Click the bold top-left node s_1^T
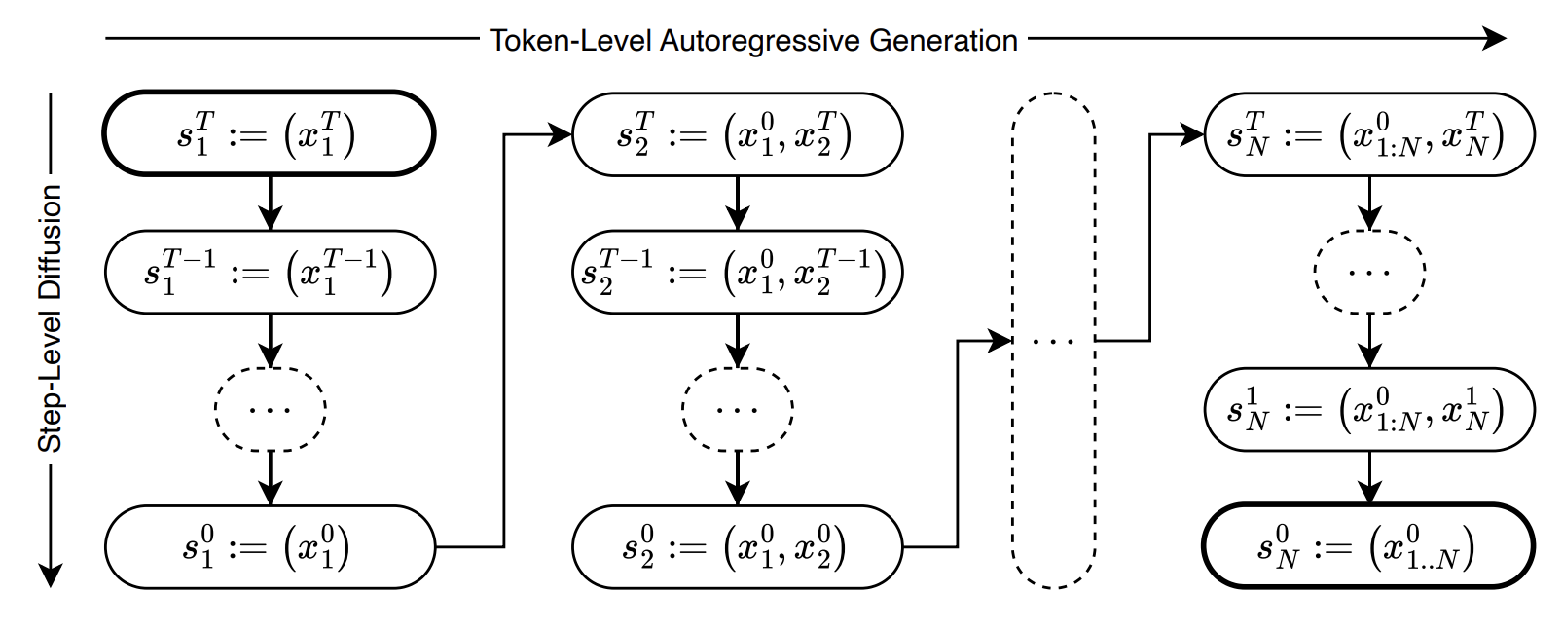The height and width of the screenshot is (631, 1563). pos(269,134)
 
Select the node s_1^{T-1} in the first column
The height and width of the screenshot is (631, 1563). pos(269,273)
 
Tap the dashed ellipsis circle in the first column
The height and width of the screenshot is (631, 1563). pos(270,409)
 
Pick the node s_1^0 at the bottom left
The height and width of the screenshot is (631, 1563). pos(269,547)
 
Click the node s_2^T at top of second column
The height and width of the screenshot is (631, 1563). pos(737,134)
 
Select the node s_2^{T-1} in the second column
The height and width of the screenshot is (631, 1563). pos(737,273)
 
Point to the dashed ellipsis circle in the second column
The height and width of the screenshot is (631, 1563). pos(737,409)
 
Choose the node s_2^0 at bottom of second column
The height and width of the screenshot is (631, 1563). pos(737,547)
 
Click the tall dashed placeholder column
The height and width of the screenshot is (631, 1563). pos(1054,341)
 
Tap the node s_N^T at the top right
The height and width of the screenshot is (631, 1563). pos(1368,134)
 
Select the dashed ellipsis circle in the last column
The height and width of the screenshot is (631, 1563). pos(1369,272)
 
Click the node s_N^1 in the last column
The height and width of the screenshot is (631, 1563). pos(1368,409)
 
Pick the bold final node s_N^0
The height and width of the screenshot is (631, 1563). pos(1368,547)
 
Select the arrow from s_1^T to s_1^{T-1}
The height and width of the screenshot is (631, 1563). pos(270,203)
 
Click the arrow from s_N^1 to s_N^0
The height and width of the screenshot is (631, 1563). pos(1369,477)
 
